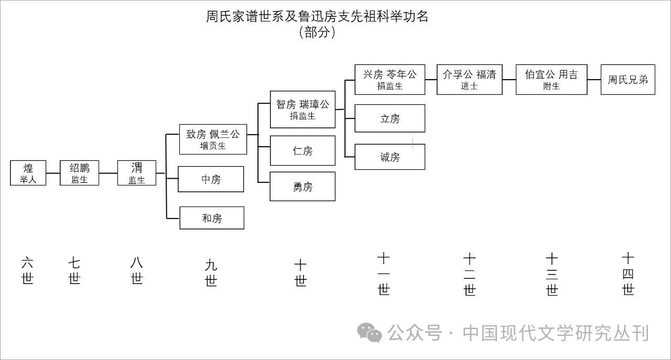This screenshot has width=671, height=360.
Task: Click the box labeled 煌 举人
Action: tap(28, 173)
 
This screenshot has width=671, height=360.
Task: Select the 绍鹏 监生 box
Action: tap(80, 173)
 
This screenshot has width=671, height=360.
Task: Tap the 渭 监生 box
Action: tap(137, 173)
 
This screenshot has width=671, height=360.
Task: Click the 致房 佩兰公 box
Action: tap(213, 139)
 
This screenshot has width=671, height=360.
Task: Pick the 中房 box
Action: tap(211, 179)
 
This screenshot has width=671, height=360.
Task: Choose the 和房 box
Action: tap(212, 218)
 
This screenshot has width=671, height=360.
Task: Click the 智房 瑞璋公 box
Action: tap(302, 110)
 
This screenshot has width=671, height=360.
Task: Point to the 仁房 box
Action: tap(302, 151)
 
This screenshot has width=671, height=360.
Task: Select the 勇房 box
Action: tap(302, 187)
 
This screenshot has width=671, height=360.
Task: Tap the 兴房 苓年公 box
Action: tap(389, 80)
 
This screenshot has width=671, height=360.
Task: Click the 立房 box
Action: tap(389, 118)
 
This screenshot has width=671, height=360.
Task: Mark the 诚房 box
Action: tap(389, 157)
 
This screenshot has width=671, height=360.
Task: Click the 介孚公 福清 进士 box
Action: tap(469, 80)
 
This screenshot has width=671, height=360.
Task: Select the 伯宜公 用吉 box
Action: tap(551, 80)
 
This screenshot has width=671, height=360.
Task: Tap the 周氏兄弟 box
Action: tap(628, 80)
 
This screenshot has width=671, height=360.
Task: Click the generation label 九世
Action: tap(211, 273)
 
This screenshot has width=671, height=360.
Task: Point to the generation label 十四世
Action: tap(628, 274)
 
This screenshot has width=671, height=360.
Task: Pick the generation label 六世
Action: tap(27, 270)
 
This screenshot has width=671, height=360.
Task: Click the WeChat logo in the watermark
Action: tap(370, 333)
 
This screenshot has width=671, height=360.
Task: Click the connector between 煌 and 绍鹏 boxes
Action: tap(53, 173)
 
